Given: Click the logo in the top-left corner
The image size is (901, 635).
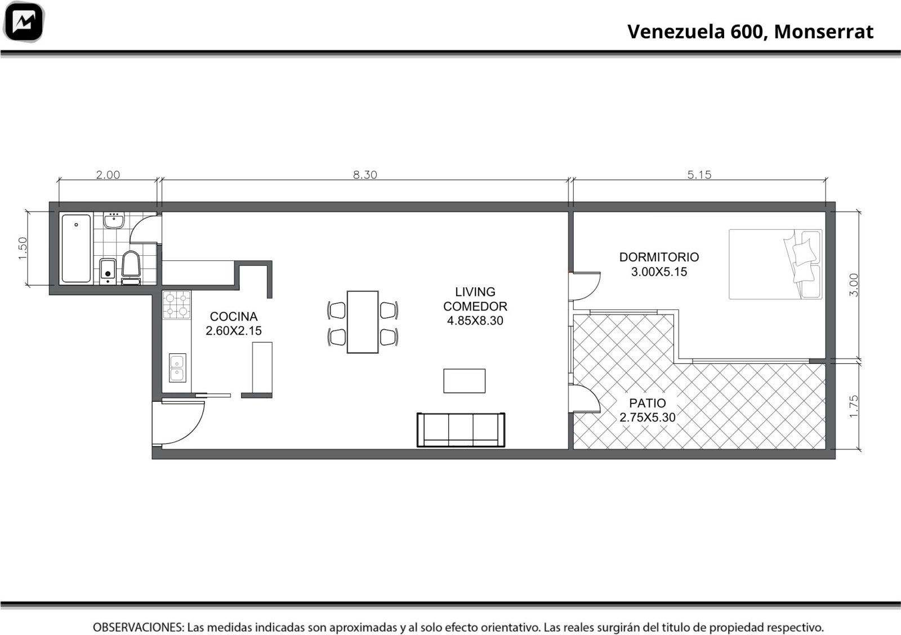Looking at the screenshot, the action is tap(24, 22).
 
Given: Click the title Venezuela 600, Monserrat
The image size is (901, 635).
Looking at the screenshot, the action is tap(750, 32).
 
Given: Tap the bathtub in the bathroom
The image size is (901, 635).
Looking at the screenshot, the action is tap(76, 248).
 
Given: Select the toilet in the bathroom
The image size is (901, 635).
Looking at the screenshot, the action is tap(131, 267).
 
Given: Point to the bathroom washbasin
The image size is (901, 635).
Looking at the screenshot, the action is tap(114, 220).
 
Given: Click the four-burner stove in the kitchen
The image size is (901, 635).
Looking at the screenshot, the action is tap(177, 305).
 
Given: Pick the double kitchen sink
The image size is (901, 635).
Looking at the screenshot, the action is tap(177, 368).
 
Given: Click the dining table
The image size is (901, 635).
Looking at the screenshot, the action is tap(363, 322).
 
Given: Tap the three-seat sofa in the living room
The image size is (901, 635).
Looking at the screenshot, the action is tap(461, 430).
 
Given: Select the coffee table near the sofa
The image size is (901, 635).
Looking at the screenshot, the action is tap(464, 381).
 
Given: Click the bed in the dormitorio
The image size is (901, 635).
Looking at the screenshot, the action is tap(775, 264).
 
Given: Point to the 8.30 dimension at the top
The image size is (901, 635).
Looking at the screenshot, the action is tap(365, 175).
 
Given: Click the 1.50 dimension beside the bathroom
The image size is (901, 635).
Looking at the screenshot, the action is tap(23, 248).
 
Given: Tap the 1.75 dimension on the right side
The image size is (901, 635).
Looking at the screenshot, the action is tap(854, 406).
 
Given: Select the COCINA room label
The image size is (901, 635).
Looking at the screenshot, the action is tap(234, 316).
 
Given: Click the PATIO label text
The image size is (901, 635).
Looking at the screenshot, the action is tap(648, 403).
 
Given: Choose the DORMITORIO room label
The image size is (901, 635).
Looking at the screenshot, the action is tap(659, 257).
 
